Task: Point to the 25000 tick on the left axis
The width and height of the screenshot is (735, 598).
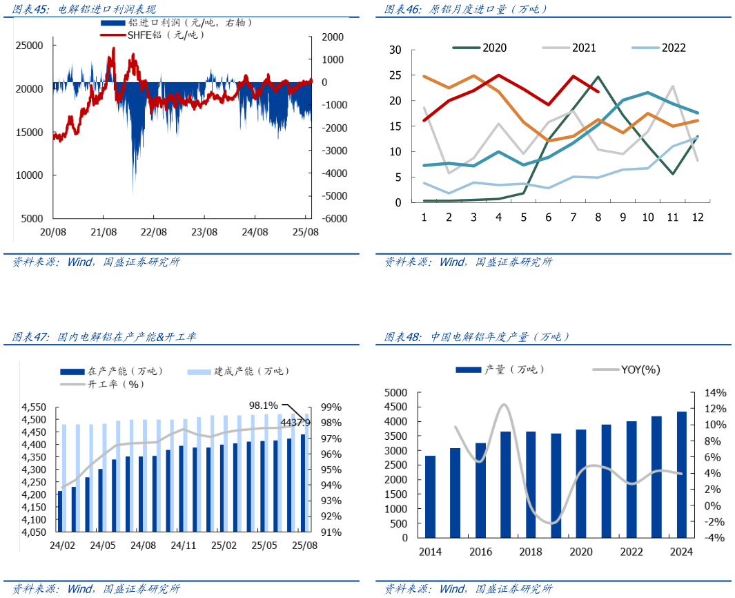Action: (x=30, y=46)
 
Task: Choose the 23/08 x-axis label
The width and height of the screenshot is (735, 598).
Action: (x=204, y=232)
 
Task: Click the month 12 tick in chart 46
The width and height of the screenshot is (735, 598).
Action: (x=698, y=217)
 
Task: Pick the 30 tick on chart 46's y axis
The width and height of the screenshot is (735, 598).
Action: (x=395, y=50)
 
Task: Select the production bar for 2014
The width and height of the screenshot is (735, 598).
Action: (x=430, y=496)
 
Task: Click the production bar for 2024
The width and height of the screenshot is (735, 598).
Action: (x=681, y=474)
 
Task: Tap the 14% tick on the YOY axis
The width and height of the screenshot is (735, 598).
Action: (x=714, y=392)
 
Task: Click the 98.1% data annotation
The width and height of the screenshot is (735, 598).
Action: (x=263, y=405)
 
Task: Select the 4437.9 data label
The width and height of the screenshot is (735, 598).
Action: (x=295, y=422)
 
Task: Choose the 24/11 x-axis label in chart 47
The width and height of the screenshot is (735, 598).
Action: (x=184, y=546)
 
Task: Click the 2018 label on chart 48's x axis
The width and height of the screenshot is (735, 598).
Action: (x=530, y=552)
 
